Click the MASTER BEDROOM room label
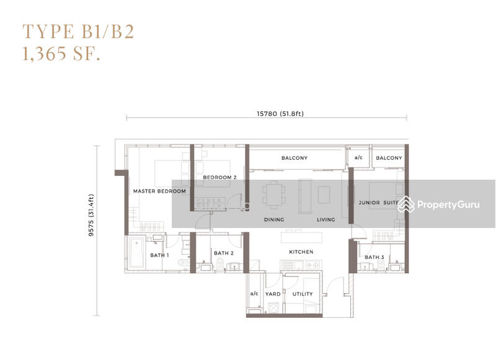tap(159, 191)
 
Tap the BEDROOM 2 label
tap(219, 177)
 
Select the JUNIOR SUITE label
tap(378, 203)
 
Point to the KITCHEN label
tap(301, 252)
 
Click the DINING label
tap(274, 220)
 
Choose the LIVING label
tap(326, 220)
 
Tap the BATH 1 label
tap(159, 255)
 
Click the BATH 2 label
tap(224, 253)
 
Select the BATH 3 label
tap(374, 257)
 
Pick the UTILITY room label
tap(303, 294)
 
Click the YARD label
tap(273, 294)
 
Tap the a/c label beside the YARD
tap(254, 294)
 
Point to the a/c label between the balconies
tap(358, 157)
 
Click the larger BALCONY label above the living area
tap(294, 158)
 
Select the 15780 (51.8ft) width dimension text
tap(280, 113)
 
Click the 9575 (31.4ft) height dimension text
tap(91, 215)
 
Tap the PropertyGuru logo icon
tap(406, 204)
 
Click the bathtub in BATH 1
tap(137, 253)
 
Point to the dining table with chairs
tap(274, 195)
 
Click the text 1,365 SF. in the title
tap(61, 53)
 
